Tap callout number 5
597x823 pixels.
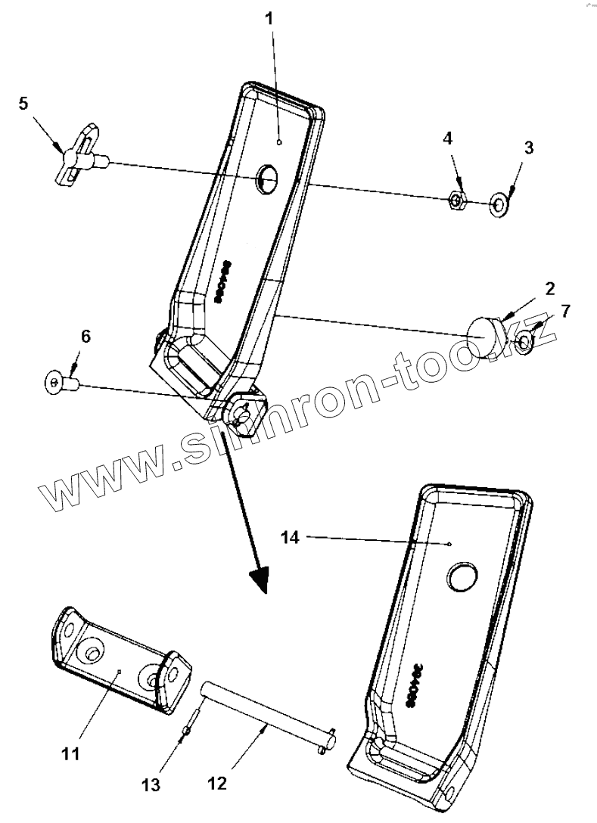23,103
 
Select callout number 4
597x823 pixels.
448,138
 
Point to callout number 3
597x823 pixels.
528,148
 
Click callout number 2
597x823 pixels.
550,288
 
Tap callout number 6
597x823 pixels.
85,337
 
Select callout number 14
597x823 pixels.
291,538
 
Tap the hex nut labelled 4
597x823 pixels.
456,200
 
